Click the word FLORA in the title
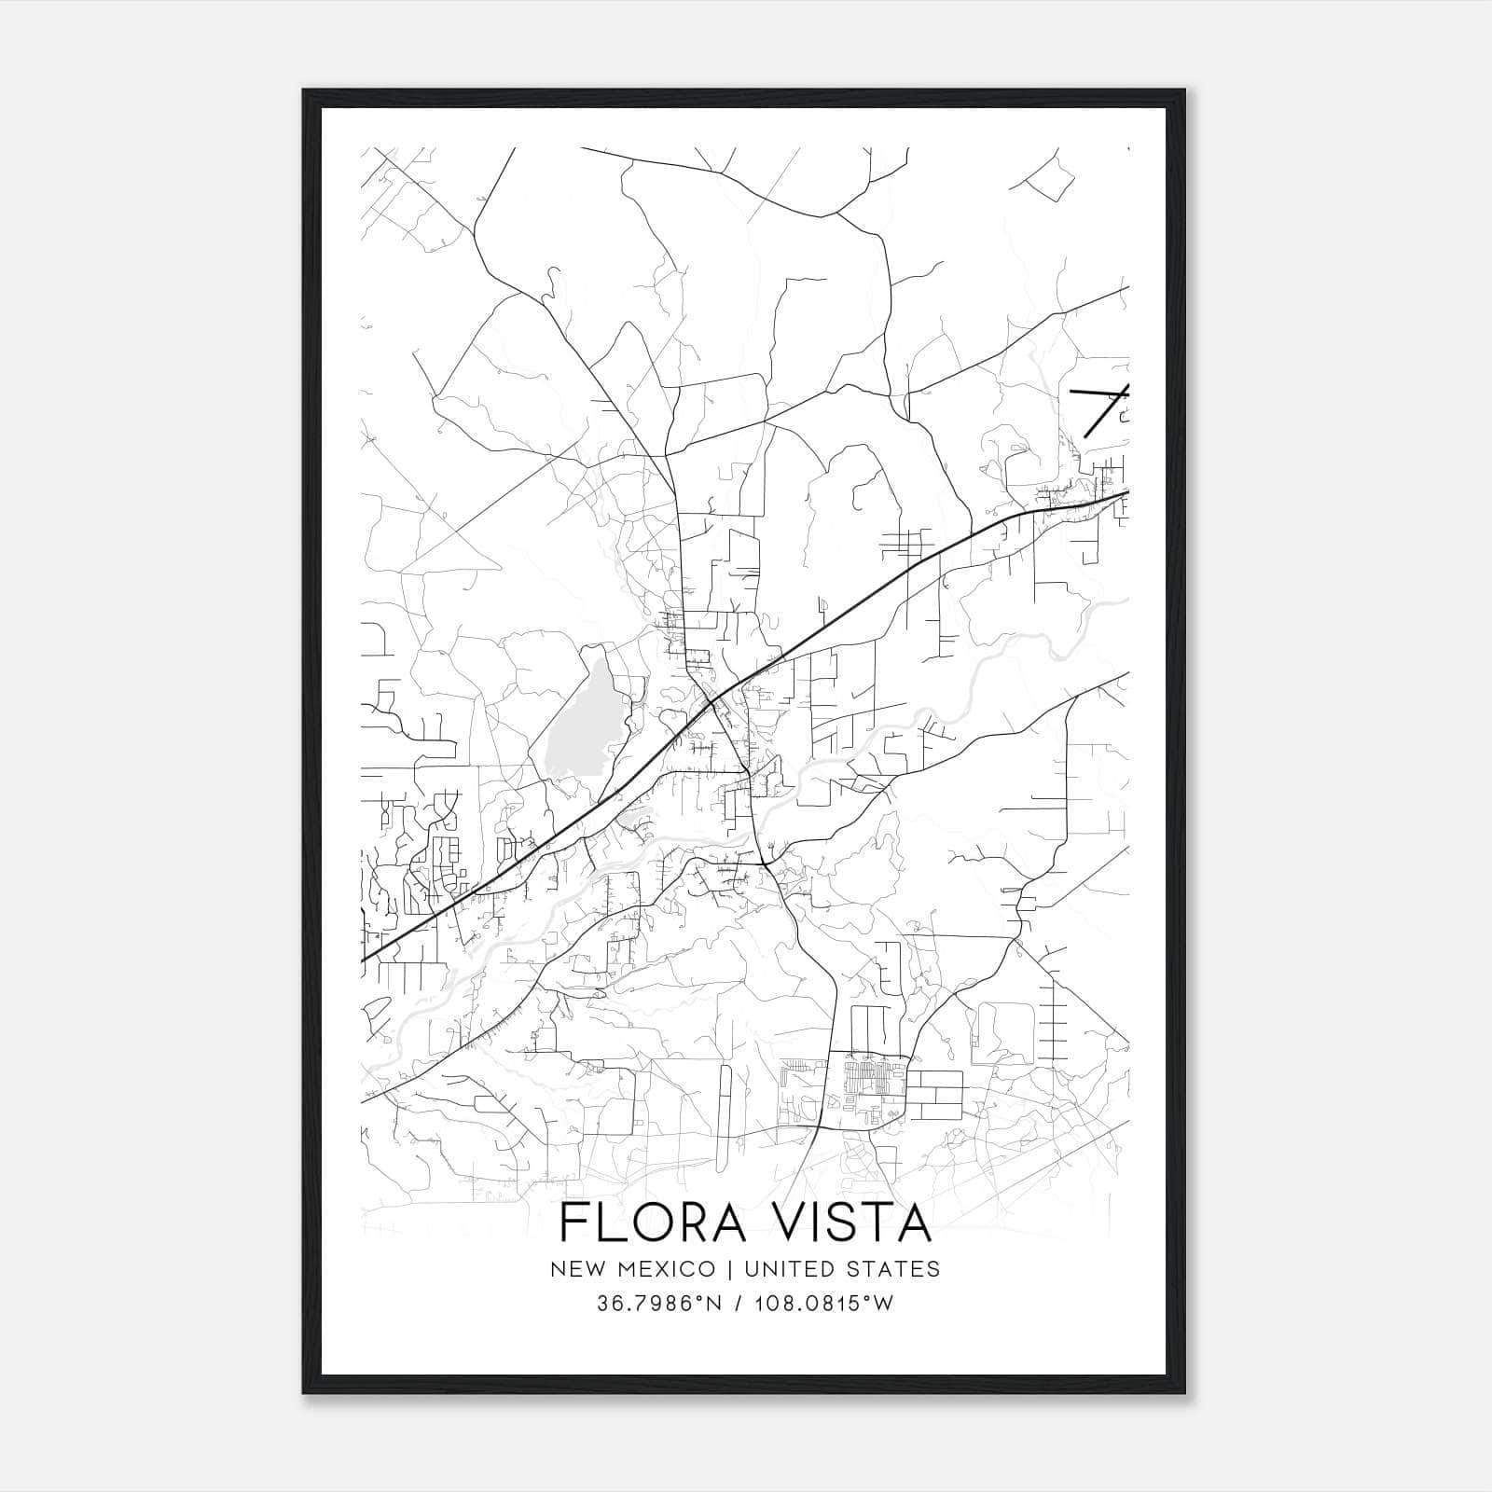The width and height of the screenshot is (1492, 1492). click(653, 1223)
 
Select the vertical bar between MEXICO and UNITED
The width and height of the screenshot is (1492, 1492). click(730, 1268)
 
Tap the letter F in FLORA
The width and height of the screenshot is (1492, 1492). click(574, 1223)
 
